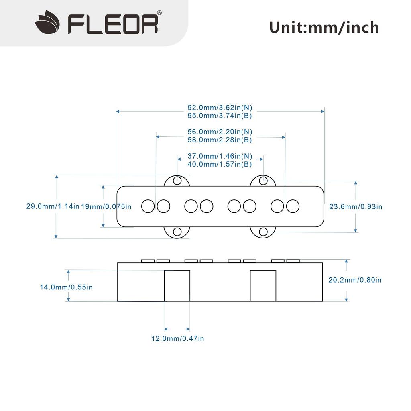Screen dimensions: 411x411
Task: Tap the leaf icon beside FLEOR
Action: coord(47,23)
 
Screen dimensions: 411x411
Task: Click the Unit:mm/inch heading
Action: coord(324,27)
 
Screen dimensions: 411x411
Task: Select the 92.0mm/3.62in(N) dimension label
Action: coord(220,108)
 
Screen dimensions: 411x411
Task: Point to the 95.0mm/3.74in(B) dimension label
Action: coord(220,116)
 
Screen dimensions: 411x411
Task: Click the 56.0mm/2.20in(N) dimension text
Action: coord(220,132)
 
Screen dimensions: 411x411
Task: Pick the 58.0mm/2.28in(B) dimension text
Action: coord(220,140)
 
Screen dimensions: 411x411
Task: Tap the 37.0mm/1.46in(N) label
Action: coord(220,156)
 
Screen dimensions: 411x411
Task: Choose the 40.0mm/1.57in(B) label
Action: coord(220,164)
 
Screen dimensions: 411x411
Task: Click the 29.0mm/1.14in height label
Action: coord(53,206)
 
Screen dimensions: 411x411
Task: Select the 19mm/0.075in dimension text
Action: coord(106,206)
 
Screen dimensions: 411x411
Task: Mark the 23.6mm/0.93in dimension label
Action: coord(356,206)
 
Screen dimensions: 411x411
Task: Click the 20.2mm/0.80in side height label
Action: coord(355,280)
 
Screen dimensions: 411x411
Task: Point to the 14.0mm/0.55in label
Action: coord(66,287)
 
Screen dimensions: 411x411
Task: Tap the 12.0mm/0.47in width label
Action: coord(177,338)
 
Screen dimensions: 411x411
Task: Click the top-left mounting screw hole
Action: coord(177,181)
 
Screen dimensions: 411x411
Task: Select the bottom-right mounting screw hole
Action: coord(263,232)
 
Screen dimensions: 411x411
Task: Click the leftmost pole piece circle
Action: coord(148,206)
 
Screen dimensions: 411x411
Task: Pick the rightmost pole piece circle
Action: coord(293,206)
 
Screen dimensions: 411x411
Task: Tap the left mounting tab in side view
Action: coord(177,285)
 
